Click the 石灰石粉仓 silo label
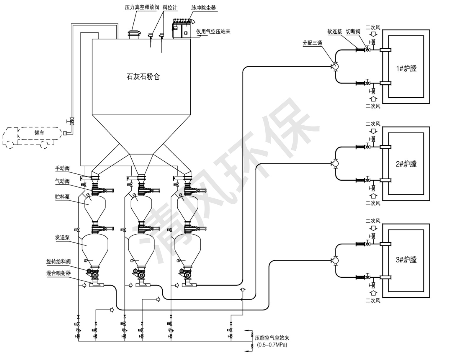143,77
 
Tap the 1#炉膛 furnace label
406,68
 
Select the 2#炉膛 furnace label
406,164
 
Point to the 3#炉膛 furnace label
406,260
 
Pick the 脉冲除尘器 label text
203,8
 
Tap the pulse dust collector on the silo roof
182,29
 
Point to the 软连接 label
335,31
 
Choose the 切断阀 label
353,31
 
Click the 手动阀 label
62,168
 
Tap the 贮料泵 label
62,197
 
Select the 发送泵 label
62,237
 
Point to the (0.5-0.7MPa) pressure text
272,345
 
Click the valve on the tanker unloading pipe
71,121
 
